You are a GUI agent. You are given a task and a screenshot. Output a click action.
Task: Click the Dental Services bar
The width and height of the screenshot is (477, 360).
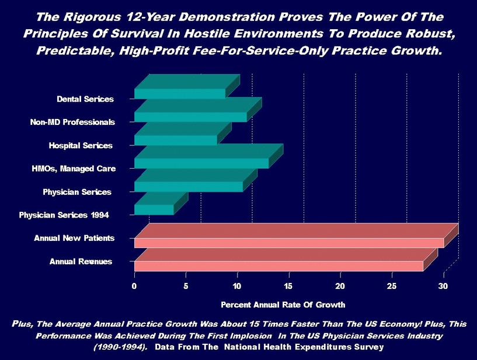point(180,93)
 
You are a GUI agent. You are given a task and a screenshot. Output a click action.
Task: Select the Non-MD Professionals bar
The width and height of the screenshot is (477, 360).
point(191,117)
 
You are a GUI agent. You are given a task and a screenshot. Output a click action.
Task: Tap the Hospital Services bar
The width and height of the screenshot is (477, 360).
point(176,140)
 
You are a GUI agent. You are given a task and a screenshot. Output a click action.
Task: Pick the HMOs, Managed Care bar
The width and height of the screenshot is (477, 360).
point(201,163)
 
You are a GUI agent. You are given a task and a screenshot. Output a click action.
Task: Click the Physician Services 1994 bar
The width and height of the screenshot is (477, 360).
point(154,209)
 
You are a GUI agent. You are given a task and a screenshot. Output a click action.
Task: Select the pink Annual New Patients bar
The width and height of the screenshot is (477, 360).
point(289,242)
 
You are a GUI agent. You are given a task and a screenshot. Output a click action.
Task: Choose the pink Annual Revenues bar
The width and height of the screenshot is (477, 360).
point(278,265)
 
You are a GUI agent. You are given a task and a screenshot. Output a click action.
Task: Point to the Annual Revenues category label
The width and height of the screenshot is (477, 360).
point(81,261)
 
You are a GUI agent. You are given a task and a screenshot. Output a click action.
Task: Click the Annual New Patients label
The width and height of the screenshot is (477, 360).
point(74,238)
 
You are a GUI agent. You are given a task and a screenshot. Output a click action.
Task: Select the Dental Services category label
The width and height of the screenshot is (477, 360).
point(85,99)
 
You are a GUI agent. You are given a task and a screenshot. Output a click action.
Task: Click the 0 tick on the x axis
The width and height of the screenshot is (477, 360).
point(134,286)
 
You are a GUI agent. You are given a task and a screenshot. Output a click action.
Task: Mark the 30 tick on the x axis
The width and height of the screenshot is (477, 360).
point(443,286)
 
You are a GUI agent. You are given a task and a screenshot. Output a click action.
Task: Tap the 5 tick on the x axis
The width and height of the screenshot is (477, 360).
point(186,286)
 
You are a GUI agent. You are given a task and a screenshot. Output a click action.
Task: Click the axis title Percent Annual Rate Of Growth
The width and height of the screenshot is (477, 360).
point(283,305)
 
